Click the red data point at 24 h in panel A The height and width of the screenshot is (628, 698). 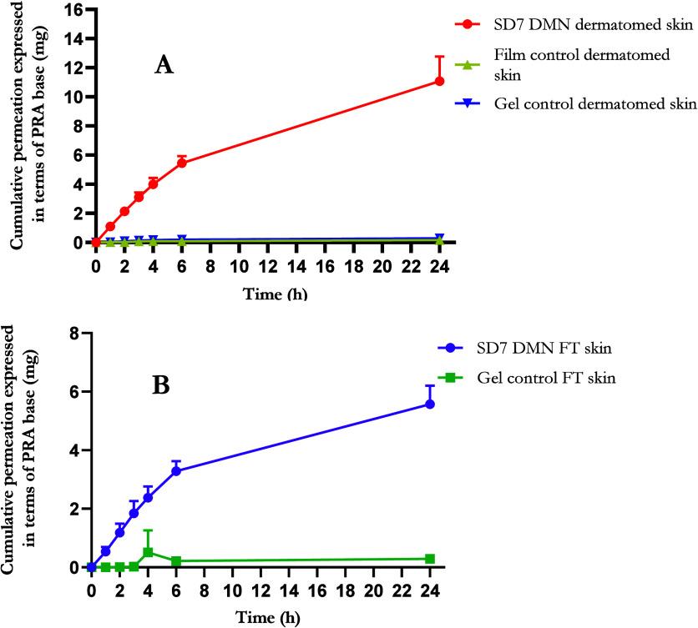pyautogui.click(x=439, y=81)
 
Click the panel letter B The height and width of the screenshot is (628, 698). pyautogui.click(x=161, y=387)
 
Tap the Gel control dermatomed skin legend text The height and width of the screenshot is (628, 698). pyautogui.click(x=594, y=103)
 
